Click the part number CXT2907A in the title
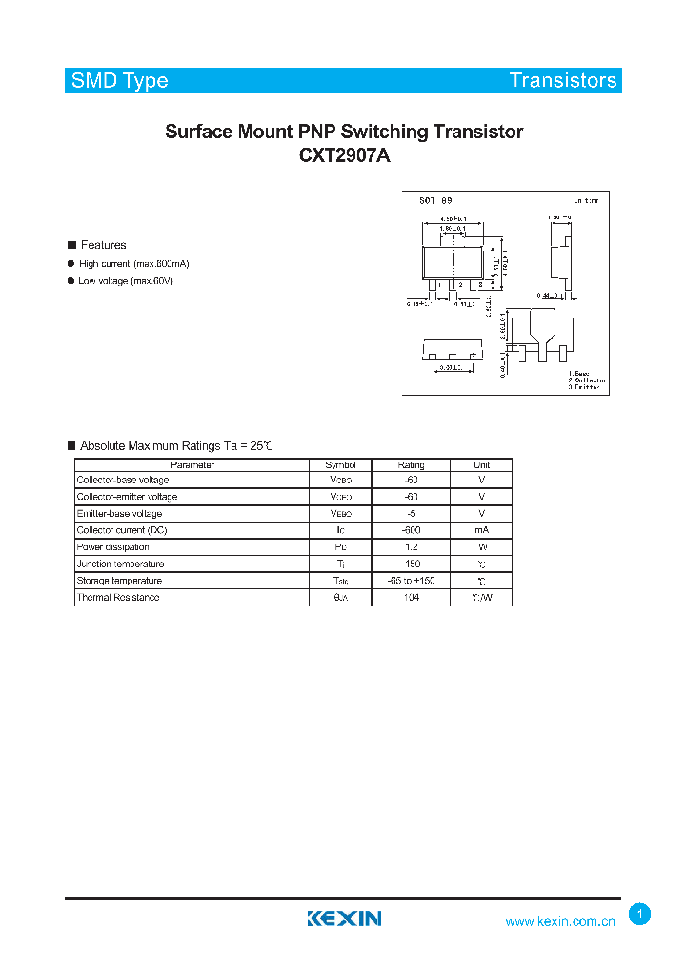(x=344, y=156)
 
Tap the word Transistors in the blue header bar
(x=562, y=80)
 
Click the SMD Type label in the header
(x=120, y=80)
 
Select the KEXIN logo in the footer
(x=344, y=918)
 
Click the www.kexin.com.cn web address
(x=561, y=922)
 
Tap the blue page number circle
(x=640, y=914)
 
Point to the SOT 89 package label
(x=436, y=201)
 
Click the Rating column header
(x=411, y=464)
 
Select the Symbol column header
(x=340, y=464)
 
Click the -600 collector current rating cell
(x=411, y=530)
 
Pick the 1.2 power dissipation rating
(x=411, y=547)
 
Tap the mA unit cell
(x=481, y=530)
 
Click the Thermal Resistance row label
(x=118, y=598)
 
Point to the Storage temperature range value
(x=411, y=581)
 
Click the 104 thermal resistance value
(x=411, y=598)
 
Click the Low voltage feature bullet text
(x=126, y=281)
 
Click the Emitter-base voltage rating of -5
(x=411, y=514)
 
